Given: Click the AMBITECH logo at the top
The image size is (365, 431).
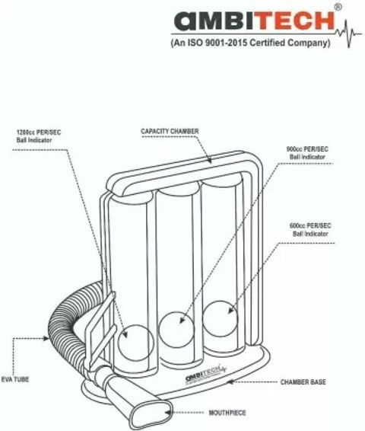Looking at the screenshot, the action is (x=255, y=21).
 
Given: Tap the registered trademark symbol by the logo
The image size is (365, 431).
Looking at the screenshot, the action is (x=338, y=8).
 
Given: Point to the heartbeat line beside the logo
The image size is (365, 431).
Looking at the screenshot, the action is (x=348, y=34).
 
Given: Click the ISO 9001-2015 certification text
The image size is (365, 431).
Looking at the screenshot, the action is (x=250, y=43).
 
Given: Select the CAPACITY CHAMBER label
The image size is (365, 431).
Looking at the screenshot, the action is (x=170, y=132).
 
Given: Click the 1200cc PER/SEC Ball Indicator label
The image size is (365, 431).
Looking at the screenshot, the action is (x=39, y=136).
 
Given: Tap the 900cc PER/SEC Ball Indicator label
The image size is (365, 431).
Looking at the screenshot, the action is (x=307, y=153).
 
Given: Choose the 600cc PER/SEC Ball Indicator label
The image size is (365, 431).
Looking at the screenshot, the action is (x=310, y=230).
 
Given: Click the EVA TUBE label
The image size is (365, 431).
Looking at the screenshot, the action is (x=15, y=379).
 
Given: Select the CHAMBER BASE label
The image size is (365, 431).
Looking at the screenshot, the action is (x=303, y=382).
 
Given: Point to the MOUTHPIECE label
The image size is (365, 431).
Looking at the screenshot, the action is (x=227, y=413).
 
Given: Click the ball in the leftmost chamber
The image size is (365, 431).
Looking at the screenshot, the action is (x=136, y=343).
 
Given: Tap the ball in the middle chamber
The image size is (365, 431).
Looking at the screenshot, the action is (x=176, y=330).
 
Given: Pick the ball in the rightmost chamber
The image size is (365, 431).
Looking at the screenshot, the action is (x=221, y=319).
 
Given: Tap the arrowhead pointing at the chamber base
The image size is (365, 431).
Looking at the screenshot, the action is (x=231, y=382).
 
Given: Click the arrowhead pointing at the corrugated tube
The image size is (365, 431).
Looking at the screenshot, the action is (x=46, y=338).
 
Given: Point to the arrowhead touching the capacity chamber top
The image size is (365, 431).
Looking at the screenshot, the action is (x=209, y=160).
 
